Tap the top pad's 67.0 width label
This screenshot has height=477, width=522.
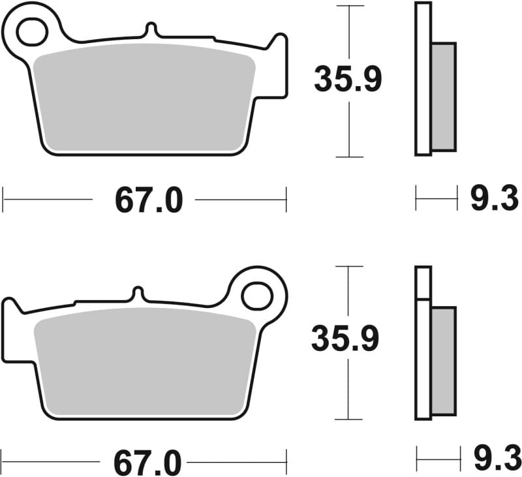pos(148,200)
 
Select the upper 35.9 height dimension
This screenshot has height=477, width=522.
pos(347,80)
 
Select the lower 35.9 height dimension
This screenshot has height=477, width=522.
pos(344,339)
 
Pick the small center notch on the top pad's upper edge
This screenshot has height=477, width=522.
pos(151,29)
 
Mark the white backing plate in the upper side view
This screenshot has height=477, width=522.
pos(423,78)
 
